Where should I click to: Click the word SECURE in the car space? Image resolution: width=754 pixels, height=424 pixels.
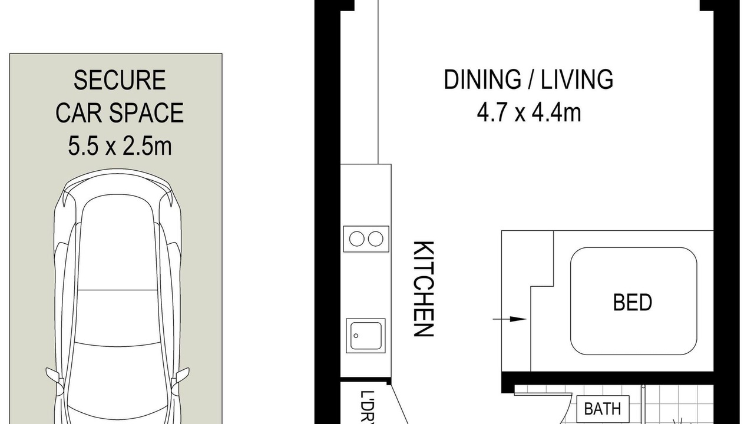click(120, 80)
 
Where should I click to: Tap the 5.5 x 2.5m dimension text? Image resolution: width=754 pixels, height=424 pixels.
click(120, 145)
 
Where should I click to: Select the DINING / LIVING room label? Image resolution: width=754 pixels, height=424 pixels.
click(528, 79)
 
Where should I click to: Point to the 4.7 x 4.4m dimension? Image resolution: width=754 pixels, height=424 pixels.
click(529, 112)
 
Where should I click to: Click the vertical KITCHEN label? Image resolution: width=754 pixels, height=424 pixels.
click(424, 289)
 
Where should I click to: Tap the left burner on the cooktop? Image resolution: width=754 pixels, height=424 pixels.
click(357, 239)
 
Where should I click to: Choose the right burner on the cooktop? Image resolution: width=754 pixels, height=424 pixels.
click(375, 239)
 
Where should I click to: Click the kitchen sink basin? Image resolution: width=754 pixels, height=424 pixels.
click(366, 336)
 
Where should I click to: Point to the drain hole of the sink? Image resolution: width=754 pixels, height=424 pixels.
click(356, 336)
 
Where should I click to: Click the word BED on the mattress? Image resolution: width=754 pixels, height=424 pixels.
click(633, 302)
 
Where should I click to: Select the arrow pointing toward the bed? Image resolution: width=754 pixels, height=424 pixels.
click(510, 319)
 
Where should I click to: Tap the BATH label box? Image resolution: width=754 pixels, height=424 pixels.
click(603, 409)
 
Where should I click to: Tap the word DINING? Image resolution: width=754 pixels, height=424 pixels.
click(482, 79)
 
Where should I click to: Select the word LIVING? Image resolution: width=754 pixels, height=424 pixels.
click(577, 79)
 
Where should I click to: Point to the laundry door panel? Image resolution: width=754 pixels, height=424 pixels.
click(399, 404)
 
